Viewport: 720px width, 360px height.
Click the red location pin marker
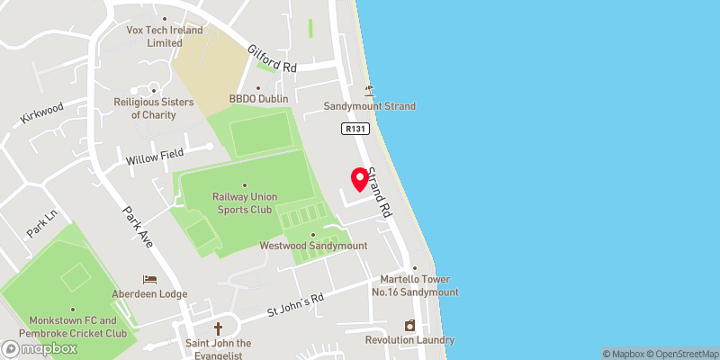(x=360, y=178)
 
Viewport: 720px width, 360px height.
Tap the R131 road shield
(x=353, y=130)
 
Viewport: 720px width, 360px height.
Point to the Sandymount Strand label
(x=372, y=106)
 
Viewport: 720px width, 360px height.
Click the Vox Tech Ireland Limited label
(x=164, y=35)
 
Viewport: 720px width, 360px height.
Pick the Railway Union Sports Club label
(x=245, y=202)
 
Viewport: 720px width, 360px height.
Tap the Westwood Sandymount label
(x=313, y=246)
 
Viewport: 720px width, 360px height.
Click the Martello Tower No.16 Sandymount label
(x=415, y=286)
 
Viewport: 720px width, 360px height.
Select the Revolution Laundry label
(x=409, y=340)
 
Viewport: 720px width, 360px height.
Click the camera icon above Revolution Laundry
(x=409, y=325)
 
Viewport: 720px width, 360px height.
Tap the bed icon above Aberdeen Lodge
(x=150, y=279)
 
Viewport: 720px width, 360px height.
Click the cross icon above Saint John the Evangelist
(x=217, y=328)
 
